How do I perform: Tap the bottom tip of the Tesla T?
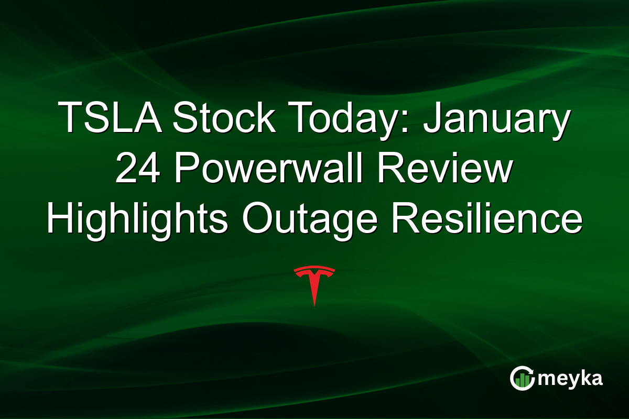click(314, 305)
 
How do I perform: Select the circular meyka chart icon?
click(522, 378)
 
